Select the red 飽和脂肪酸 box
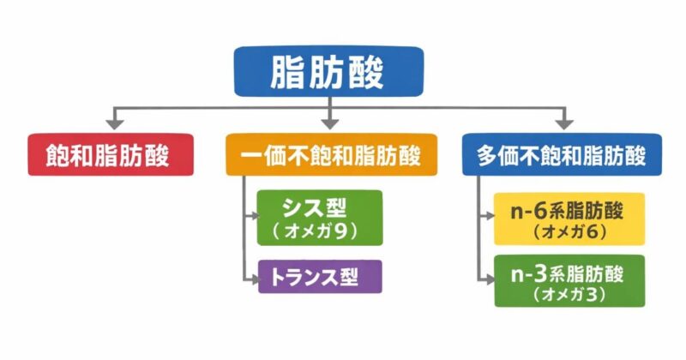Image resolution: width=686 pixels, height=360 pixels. [110, 155]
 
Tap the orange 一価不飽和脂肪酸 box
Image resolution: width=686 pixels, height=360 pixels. [331, 155]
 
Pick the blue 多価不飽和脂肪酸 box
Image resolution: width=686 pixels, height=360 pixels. [562, 155]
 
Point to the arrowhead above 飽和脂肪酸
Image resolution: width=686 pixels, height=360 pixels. [111, 123]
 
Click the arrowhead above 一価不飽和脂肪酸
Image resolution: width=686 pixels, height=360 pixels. [331, 123]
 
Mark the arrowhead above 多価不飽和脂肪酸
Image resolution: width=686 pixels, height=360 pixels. [563, 123]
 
